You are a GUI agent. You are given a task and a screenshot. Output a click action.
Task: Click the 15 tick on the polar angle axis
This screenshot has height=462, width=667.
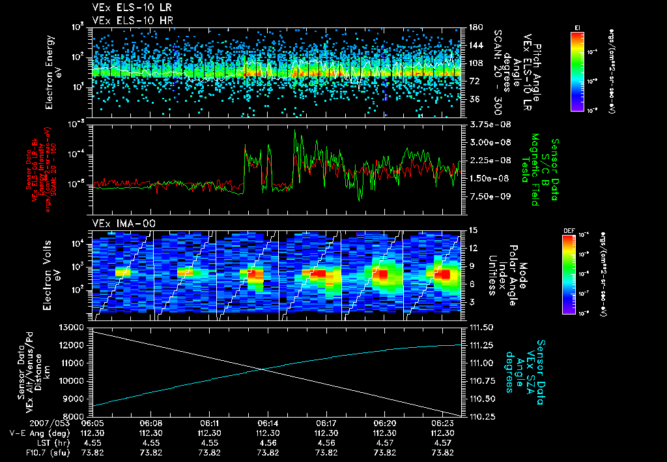(x=470, y=230)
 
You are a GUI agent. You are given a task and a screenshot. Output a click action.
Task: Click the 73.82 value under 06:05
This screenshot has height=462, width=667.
(x=92, y=452)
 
